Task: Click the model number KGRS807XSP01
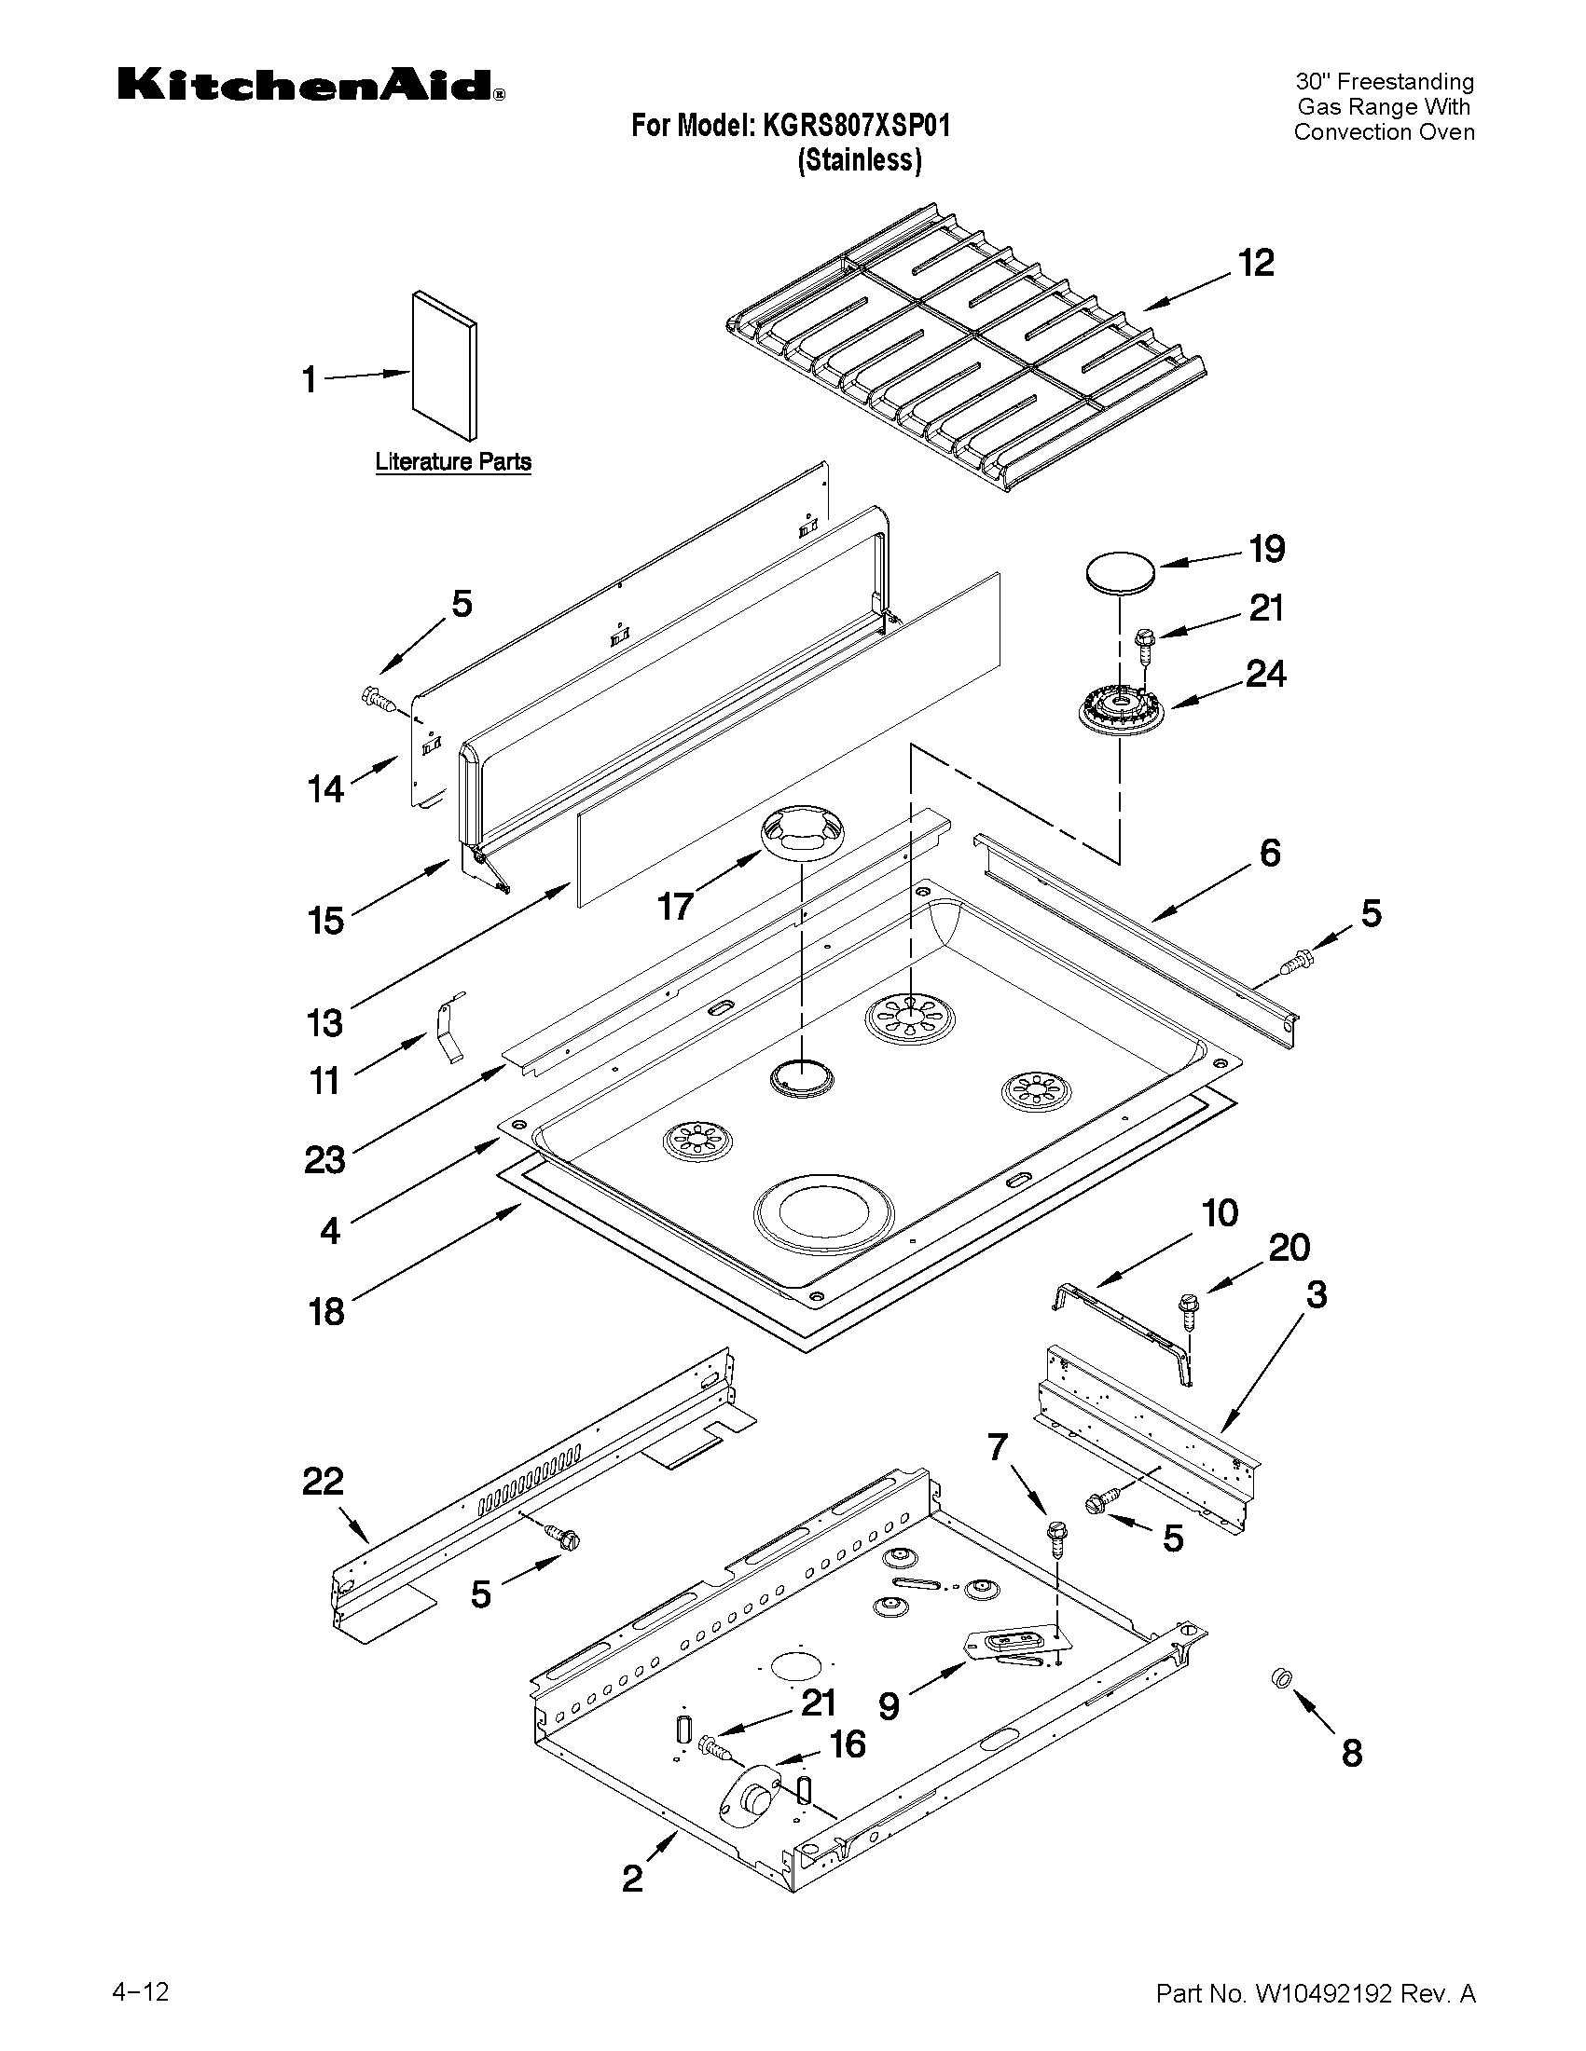[x=856, y=125]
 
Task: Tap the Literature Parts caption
[x=453, y=462]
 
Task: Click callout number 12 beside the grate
[x=1255, y=263]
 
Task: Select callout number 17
[x=675, y=907]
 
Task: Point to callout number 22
[x=324, y=1483]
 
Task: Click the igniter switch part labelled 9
[x=1007, y=1647]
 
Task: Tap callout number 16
[x=848, y=1743]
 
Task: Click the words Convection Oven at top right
[x=1383, y=132]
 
